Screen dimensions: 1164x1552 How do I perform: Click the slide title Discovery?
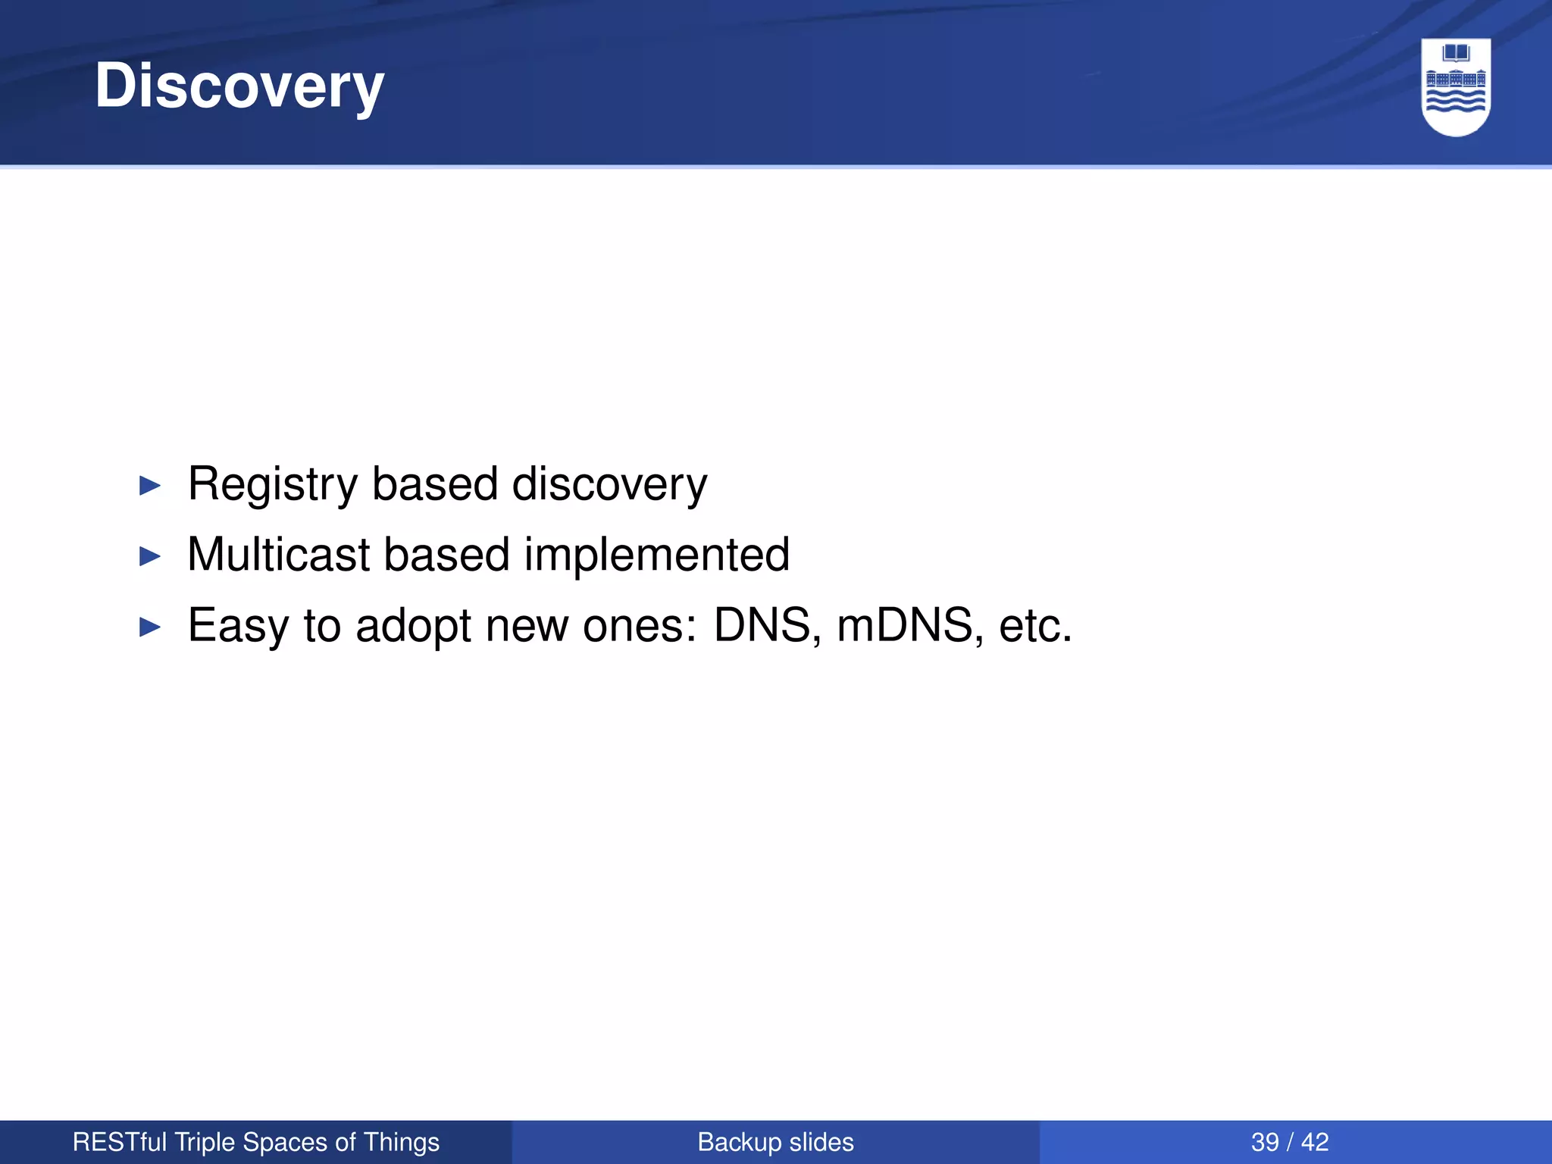coord(239,86)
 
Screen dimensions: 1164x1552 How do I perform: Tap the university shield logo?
coord(1456,87)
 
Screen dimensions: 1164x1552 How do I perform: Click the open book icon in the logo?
coord(1456,54)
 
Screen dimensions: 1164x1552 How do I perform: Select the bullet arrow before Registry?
coord(151,486)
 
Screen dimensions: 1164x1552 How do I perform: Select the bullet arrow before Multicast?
coord(151,557)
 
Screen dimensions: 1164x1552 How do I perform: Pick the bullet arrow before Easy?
coord(151,627)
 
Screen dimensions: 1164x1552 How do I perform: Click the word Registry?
coord(273,484)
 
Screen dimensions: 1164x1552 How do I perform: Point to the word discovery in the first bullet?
coord(609,484)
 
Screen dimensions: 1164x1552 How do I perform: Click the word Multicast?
coord(278,555)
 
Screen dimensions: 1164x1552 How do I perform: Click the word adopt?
coord(414,626)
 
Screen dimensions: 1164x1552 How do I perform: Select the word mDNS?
coord(905,626)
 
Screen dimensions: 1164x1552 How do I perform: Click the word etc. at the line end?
coord(1035,626)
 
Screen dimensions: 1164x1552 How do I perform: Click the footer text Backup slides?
coord(775,1142)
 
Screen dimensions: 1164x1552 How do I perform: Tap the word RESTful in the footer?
coord(120,1142)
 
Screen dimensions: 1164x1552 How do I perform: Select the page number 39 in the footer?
coord(1265,1142)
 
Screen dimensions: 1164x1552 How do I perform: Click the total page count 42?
coord(1315,1142)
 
